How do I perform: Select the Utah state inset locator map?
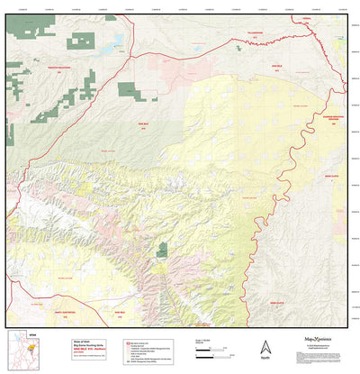coord(18,351)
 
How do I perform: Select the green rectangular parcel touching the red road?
coord(128,89)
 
